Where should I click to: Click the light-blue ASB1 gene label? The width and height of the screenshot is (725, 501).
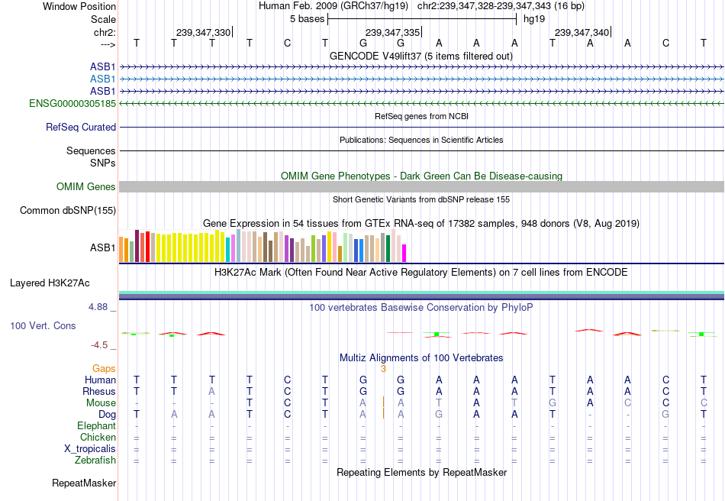(x=103, y=79)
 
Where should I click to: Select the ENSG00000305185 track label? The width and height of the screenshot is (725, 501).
(x=72, y=103)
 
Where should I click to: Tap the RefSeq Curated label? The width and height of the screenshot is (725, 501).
(x=81, y=128)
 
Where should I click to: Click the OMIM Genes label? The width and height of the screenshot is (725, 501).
(x=86, y=187)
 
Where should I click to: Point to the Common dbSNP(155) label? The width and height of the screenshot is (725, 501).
(x=68, y=210)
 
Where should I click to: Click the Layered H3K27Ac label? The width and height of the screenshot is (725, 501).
(x=50, y=283)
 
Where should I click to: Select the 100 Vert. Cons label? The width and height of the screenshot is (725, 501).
(x=43, y=326)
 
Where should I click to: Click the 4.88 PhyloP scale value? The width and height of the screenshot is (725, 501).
(x=102, y=307)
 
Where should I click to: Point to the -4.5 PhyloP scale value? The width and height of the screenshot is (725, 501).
(x=104, y=345)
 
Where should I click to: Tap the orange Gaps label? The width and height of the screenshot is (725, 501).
(x=105, y=368)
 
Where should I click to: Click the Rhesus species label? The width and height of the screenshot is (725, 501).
(x=99, y=391)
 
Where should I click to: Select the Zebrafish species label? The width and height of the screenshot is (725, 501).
(x=95, y=460)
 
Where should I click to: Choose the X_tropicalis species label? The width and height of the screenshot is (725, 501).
(x=90, y=448)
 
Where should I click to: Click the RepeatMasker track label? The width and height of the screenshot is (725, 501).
(x=84, y=483)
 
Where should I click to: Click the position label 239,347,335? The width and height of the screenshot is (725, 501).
(x=392, y=32)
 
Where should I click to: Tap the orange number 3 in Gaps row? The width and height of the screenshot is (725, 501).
(x=383, y=368)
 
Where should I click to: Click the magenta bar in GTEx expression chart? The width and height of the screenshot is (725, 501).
(x=404, y=253)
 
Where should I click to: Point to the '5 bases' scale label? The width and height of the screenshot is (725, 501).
(x=307, y=19)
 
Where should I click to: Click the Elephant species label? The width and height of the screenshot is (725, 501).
(x=97, y=425)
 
